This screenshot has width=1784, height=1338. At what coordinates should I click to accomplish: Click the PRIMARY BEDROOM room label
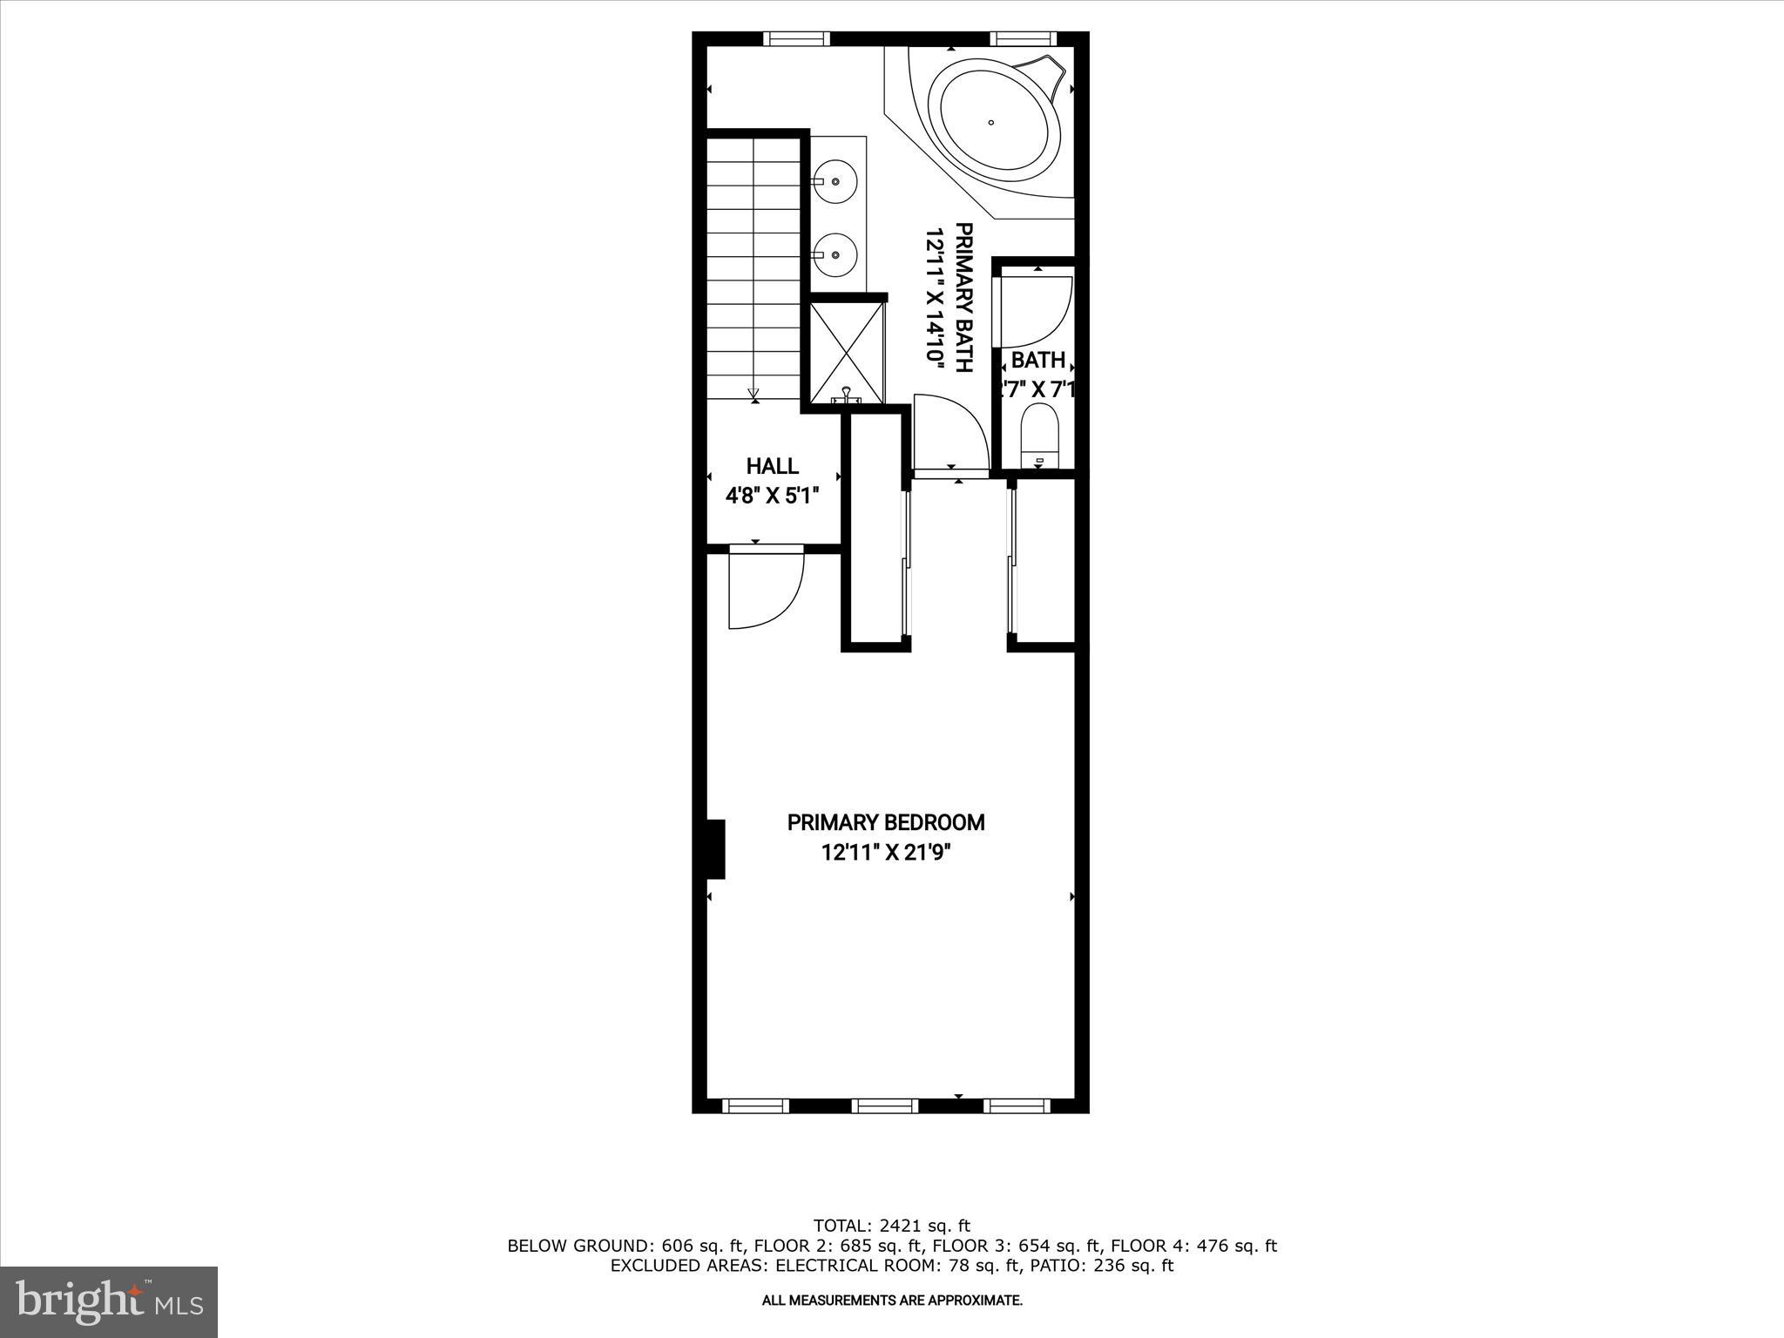(886, 822)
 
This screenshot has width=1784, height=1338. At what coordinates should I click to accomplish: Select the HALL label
(772, 466)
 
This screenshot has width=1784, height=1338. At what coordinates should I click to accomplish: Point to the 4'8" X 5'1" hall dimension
(772, 496)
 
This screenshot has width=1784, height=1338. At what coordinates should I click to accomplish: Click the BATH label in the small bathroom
(1037, 360)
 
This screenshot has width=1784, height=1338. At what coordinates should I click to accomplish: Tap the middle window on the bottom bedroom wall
(885, 1105)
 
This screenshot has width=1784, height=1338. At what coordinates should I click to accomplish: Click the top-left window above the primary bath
(796, 38)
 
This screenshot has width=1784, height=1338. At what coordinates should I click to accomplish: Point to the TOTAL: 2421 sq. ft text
(891, 1226)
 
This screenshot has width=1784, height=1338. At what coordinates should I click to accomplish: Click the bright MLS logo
(109, 1301)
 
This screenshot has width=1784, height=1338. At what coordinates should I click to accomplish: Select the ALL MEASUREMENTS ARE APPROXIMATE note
(892, 1301)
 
